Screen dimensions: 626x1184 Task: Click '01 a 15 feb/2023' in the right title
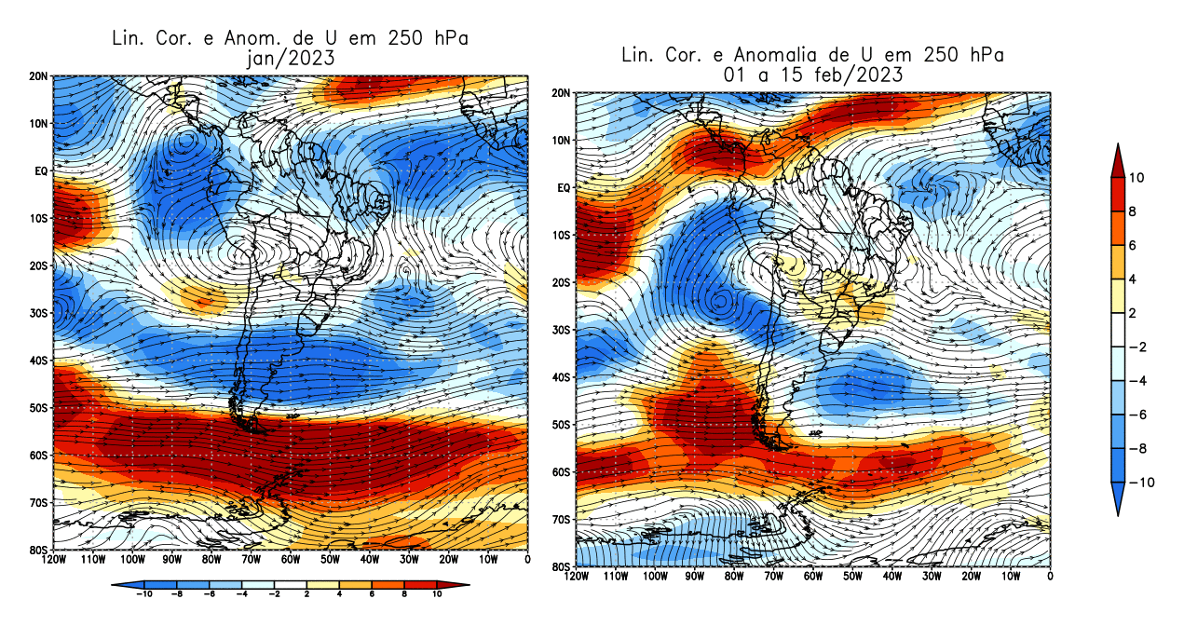click(813, 75)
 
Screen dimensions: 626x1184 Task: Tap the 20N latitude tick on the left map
click(39, 75)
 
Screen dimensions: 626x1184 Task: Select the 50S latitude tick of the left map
click(39, 408)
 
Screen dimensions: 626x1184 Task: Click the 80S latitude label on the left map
click(39, 550)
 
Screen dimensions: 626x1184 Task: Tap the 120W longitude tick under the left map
click(53, 560)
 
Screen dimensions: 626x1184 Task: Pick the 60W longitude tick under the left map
click(290, 560)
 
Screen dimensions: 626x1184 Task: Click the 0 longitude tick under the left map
click(527, 560)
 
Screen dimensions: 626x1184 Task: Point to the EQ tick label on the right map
click(564, 188)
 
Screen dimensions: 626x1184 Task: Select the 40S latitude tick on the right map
click(562, 377)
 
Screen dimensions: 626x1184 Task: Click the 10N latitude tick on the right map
click(562, 141)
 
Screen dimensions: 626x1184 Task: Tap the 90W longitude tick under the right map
click(694, 577)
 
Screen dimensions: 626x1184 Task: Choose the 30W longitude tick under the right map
click(932, 577)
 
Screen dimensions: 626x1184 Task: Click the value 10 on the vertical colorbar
click(1138, 177)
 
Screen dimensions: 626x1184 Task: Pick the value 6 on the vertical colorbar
click(1136, 245)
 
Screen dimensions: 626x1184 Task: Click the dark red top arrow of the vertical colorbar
click(1117, 159)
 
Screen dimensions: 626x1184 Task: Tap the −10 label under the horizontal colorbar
click(143, 593)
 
